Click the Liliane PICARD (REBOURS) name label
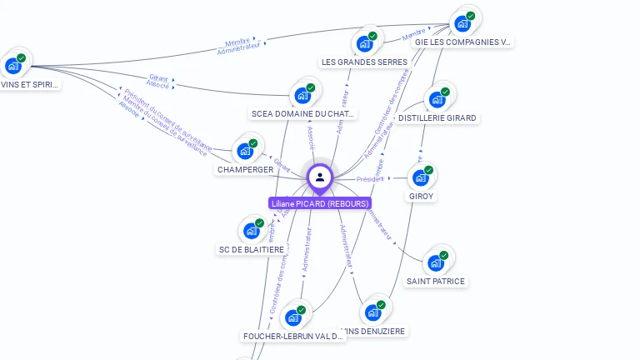319,203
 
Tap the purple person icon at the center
320,177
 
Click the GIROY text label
421,197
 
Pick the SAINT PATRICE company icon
435,263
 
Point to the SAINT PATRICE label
435,282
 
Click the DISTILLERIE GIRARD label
437,118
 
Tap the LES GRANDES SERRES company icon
364,44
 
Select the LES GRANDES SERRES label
364,62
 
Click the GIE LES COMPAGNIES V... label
462,42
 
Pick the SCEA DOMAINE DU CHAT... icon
302,95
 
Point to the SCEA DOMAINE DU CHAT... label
303,114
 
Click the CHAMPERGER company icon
244,151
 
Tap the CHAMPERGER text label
245,170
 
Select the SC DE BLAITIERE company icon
250,231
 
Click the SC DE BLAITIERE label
251,250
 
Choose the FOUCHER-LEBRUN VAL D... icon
292,317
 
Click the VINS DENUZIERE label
375,332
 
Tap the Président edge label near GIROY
370,179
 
